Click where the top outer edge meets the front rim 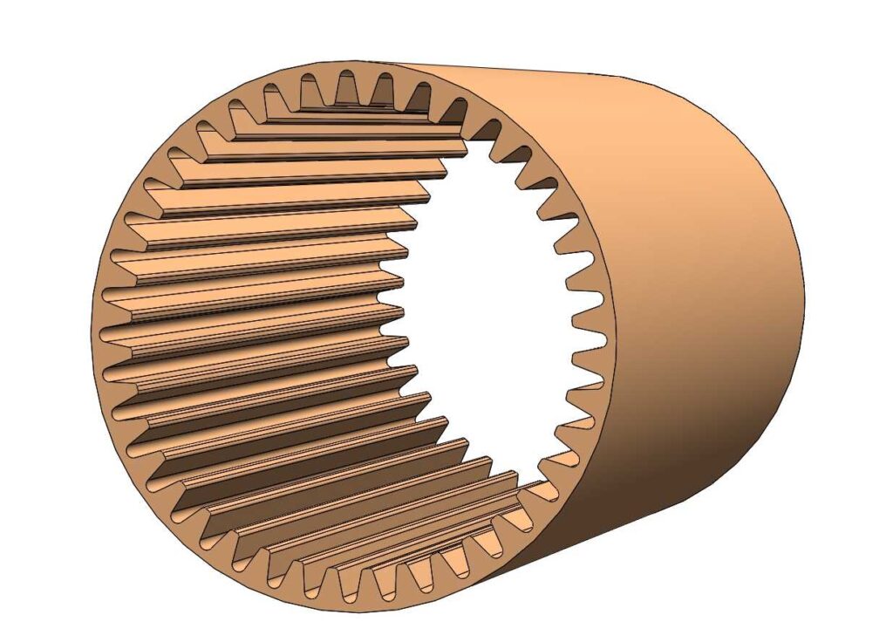(384, 63)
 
